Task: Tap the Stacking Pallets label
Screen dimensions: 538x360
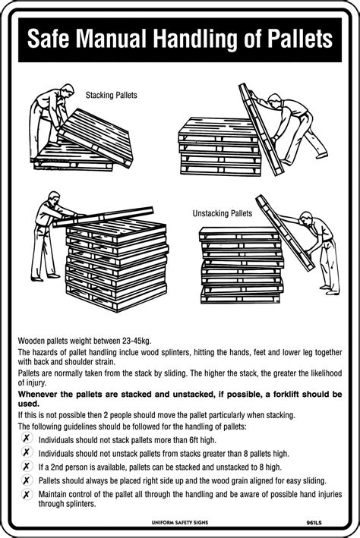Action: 111,96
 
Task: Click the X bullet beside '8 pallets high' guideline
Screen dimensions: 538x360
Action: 27,453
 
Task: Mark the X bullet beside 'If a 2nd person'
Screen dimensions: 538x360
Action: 27,467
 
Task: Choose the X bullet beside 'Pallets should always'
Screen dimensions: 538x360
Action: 27,481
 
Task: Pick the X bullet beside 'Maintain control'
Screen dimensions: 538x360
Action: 27,495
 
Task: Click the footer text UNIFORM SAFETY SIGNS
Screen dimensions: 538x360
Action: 179,524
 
